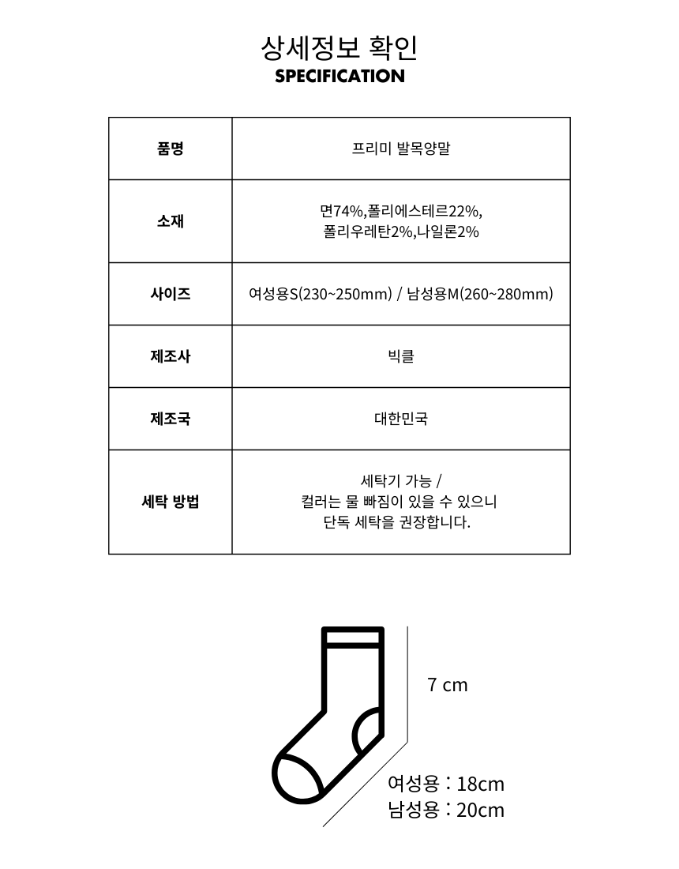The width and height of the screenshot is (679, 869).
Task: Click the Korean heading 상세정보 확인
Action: (x=339, y=48)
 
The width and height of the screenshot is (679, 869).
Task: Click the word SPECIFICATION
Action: (x=339, y=77)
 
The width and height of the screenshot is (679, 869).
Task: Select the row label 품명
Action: (x=171, y=149)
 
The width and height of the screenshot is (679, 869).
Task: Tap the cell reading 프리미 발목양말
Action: (x=401, y=149)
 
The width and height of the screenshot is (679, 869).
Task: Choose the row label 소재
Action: (x=171, y=221)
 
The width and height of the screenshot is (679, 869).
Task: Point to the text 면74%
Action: (x=342, y=211)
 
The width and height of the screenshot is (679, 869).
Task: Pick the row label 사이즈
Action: (x=171, y=294)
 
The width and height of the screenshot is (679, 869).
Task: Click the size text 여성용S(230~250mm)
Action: (x=320, y=294)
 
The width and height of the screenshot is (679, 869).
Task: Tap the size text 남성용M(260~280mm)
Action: (x=480, y=294)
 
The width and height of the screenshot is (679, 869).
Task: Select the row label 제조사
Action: (x=171, y=356)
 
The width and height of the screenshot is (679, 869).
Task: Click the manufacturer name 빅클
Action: (x=401, y=356)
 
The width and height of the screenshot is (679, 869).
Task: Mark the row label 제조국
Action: (x=171, y=419)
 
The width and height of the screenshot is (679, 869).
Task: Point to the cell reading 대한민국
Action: (x=401, y=419)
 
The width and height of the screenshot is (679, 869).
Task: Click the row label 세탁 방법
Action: (x=171, y=502)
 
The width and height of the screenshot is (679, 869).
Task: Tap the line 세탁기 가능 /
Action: (x=401, y=481)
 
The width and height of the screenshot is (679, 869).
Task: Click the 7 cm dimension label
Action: (x=448, y=685)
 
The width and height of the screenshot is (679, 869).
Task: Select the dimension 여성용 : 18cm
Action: (x=446, y=784)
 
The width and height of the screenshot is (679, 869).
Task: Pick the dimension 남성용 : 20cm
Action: (x=446, y=810)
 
